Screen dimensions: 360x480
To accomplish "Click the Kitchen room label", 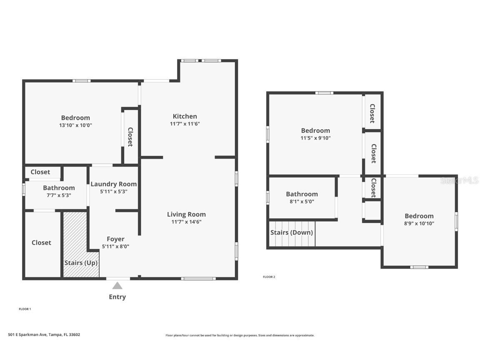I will click(x=185, y=116).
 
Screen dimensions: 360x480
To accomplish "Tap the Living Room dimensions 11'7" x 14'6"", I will click(x=186, y=222).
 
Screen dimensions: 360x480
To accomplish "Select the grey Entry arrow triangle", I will click(x=117, y=286).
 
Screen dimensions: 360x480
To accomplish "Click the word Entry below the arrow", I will click(x=117, y=297).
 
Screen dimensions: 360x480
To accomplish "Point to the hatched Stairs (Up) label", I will click(x=81, y=263).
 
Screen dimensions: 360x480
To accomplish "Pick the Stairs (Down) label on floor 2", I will click(x=291, y=232).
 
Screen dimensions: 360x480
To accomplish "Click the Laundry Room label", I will click(x=113, y=184).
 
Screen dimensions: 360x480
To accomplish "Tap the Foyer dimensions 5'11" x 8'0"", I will click(x=115, y=246).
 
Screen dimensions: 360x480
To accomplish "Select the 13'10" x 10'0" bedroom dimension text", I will click(x=75, y=125).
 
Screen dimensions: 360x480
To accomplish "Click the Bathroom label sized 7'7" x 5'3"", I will click(x=59, y=188).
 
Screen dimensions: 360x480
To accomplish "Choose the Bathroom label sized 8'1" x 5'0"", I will click(x=302, y=194).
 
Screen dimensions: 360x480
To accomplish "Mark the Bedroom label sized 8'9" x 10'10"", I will click(x=419, y=216).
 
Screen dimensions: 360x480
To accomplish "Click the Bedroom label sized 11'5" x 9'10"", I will click(x=315, y=130).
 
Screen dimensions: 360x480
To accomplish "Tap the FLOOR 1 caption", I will click(x=25, y=309).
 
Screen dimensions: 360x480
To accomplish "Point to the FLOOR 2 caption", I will click(x=269, y=277).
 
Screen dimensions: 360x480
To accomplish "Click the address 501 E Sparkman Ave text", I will click(x=44, y=335).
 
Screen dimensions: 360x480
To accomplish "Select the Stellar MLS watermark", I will click(x=460, y=180).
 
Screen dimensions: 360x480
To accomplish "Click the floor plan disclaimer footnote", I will click(x=240, y=335).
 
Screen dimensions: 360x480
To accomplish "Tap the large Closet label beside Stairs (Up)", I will click(x=41, y=242).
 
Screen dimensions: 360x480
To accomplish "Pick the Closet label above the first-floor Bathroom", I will click(x=40, y=172).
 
